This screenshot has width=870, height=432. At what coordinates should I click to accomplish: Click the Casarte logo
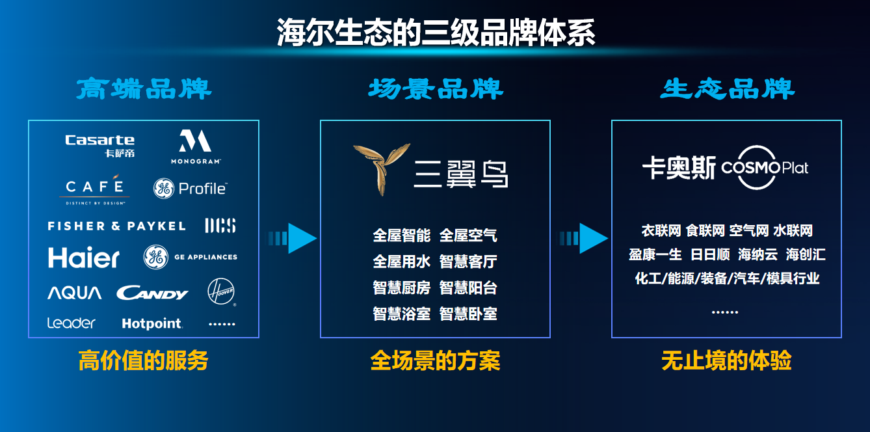99,145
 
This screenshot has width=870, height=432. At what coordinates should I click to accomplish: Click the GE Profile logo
190,189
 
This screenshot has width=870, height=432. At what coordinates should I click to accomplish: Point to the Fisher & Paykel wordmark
116,226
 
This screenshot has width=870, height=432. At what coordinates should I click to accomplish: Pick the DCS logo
220,226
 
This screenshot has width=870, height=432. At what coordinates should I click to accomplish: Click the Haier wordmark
84,258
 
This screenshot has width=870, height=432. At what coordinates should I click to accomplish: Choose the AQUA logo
74,293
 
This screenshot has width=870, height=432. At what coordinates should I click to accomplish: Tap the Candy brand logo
152,294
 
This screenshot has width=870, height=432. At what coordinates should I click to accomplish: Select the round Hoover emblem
220,291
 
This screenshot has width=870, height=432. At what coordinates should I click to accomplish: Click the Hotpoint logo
152,323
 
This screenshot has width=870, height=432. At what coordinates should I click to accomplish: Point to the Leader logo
71,323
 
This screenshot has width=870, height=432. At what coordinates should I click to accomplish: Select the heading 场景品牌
435,89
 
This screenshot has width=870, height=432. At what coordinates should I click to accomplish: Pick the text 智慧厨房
402,288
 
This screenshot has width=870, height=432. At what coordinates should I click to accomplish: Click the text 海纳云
758,254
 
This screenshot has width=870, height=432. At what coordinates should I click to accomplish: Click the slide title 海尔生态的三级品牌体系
436,33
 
